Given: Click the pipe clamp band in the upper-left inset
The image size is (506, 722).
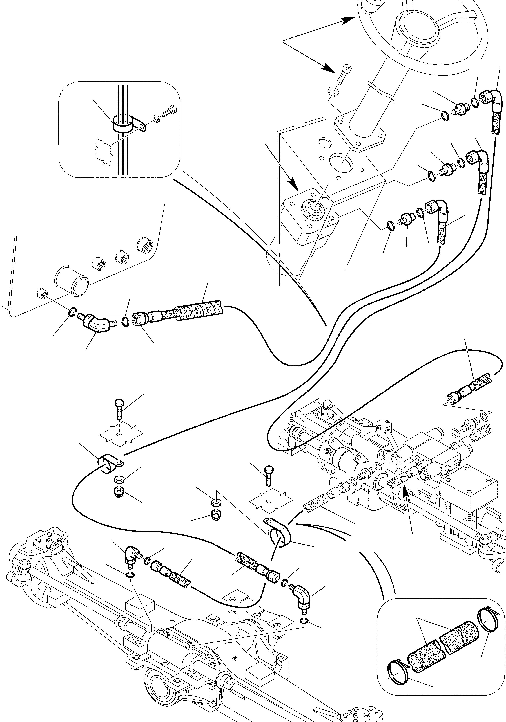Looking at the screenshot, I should [x=123, y=125].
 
